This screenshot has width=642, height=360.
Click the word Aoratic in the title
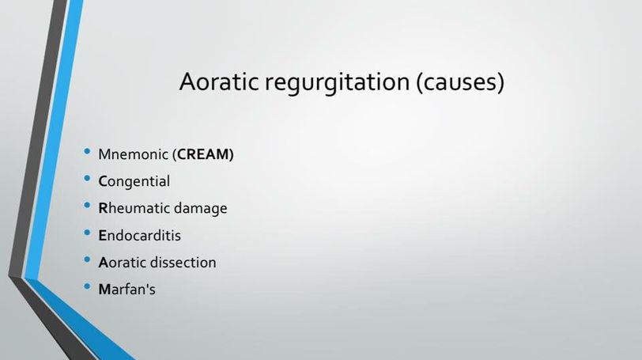(219, 81)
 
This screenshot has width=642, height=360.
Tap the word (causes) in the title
(460, 83)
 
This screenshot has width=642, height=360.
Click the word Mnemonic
(134, 154)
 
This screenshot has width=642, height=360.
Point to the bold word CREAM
(203, 154)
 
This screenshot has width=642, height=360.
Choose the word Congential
(134, 181)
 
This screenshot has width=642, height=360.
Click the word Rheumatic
(134, 208)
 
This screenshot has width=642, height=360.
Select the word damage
(201, 209)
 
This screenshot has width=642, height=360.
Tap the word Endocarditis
(140, 236)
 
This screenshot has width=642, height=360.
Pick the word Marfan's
(127, 289)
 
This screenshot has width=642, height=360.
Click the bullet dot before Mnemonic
(87, 152)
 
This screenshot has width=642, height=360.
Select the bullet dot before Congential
(87, 179)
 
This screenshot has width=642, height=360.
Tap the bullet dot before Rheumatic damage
(87, 206)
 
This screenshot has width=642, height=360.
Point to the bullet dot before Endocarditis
(87, 233)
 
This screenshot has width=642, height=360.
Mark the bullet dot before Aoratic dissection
(87, 260)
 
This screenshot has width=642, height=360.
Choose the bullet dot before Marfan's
(87, 286)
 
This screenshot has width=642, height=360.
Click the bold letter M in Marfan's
(104, 290)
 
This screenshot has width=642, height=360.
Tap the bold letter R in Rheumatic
(103, 208)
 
